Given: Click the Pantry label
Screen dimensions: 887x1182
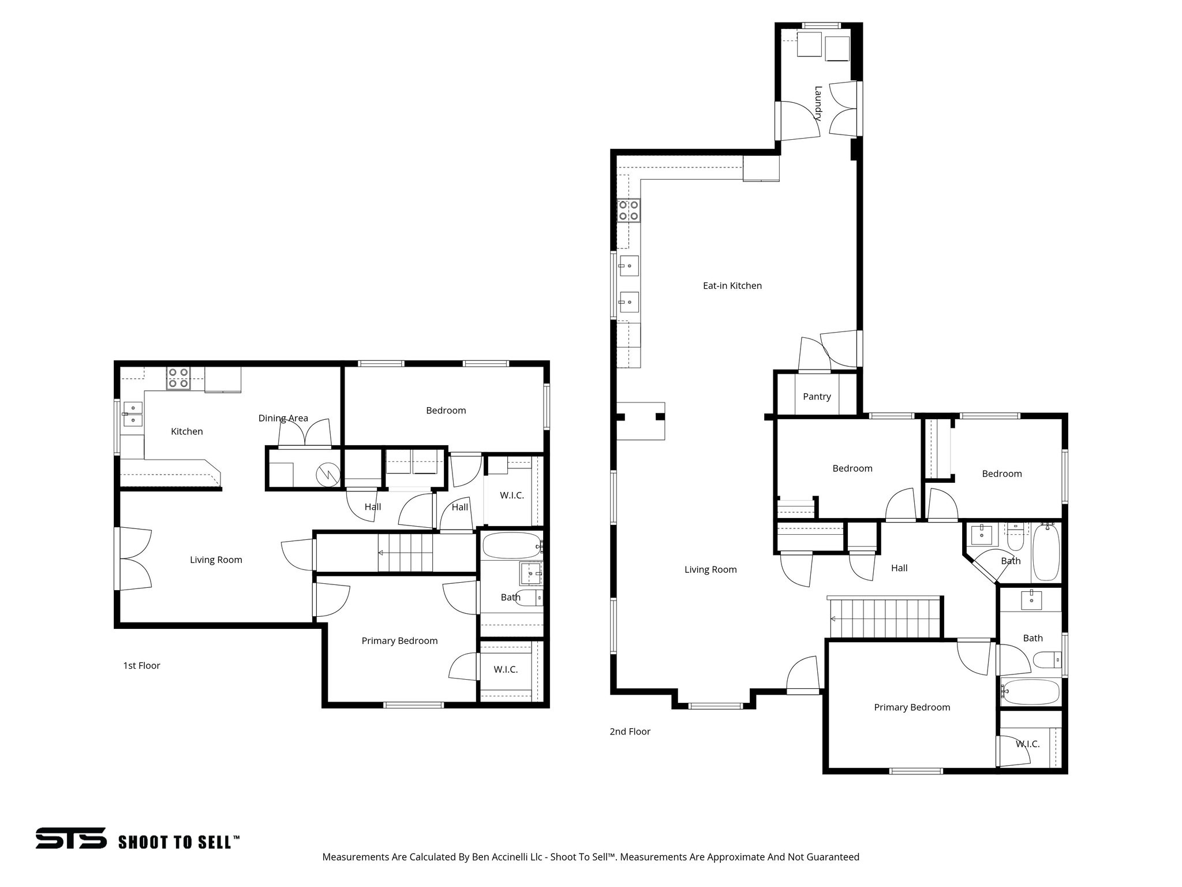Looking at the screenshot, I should [817, 397].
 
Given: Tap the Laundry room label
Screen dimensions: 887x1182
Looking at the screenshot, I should [818, 102].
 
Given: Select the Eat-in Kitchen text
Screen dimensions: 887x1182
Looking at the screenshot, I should [732, 286].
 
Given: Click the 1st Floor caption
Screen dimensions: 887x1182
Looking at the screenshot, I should [141, 666].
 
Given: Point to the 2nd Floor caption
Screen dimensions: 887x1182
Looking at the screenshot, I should [630, 732].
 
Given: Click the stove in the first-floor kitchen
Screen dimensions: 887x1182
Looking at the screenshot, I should [178, 378].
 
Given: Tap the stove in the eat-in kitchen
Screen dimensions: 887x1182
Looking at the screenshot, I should [629, 210].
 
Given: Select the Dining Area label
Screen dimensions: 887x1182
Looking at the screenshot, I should [283, 418].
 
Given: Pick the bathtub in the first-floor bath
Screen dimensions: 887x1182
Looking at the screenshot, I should [511, 545].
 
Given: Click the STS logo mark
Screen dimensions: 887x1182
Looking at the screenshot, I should [71, 838].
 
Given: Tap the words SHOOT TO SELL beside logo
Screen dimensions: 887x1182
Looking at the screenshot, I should [178, 842].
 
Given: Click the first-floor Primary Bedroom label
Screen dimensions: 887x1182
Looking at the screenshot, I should [399, 641].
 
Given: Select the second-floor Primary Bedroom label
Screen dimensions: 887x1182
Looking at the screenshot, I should [911, 707].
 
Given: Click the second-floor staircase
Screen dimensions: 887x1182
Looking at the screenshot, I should [884, 618].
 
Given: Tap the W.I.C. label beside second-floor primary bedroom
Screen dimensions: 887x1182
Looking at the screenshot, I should [1027, 744].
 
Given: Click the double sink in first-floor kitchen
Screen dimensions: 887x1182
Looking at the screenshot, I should [133, 413].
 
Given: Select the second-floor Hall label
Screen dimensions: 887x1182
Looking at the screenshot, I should [899, 568].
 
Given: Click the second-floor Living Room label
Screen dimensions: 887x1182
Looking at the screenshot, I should [710, 570].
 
